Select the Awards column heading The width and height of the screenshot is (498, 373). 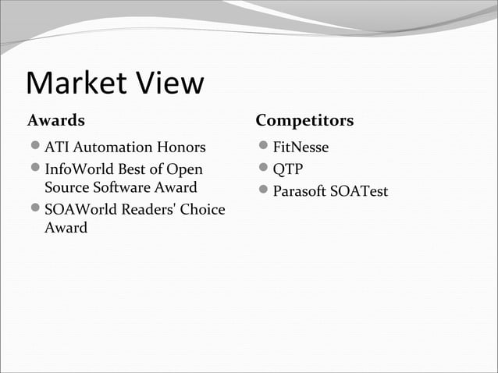(x=56, y=121)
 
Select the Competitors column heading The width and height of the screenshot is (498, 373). (x=304, y=121)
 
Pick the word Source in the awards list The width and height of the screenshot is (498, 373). (x=68, y=188)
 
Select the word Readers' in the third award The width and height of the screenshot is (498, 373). (x=151, y=210)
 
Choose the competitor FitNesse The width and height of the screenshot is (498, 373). (x=301, y=147)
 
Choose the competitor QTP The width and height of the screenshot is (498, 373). (x=287, y=169)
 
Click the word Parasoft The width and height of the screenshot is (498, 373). (x=300, y=191)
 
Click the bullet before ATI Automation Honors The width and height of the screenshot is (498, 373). (x=34, y=147)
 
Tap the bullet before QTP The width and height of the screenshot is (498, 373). (x=263, y=169)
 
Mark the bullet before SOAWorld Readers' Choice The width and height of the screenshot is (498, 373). (x=34, y=210)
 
